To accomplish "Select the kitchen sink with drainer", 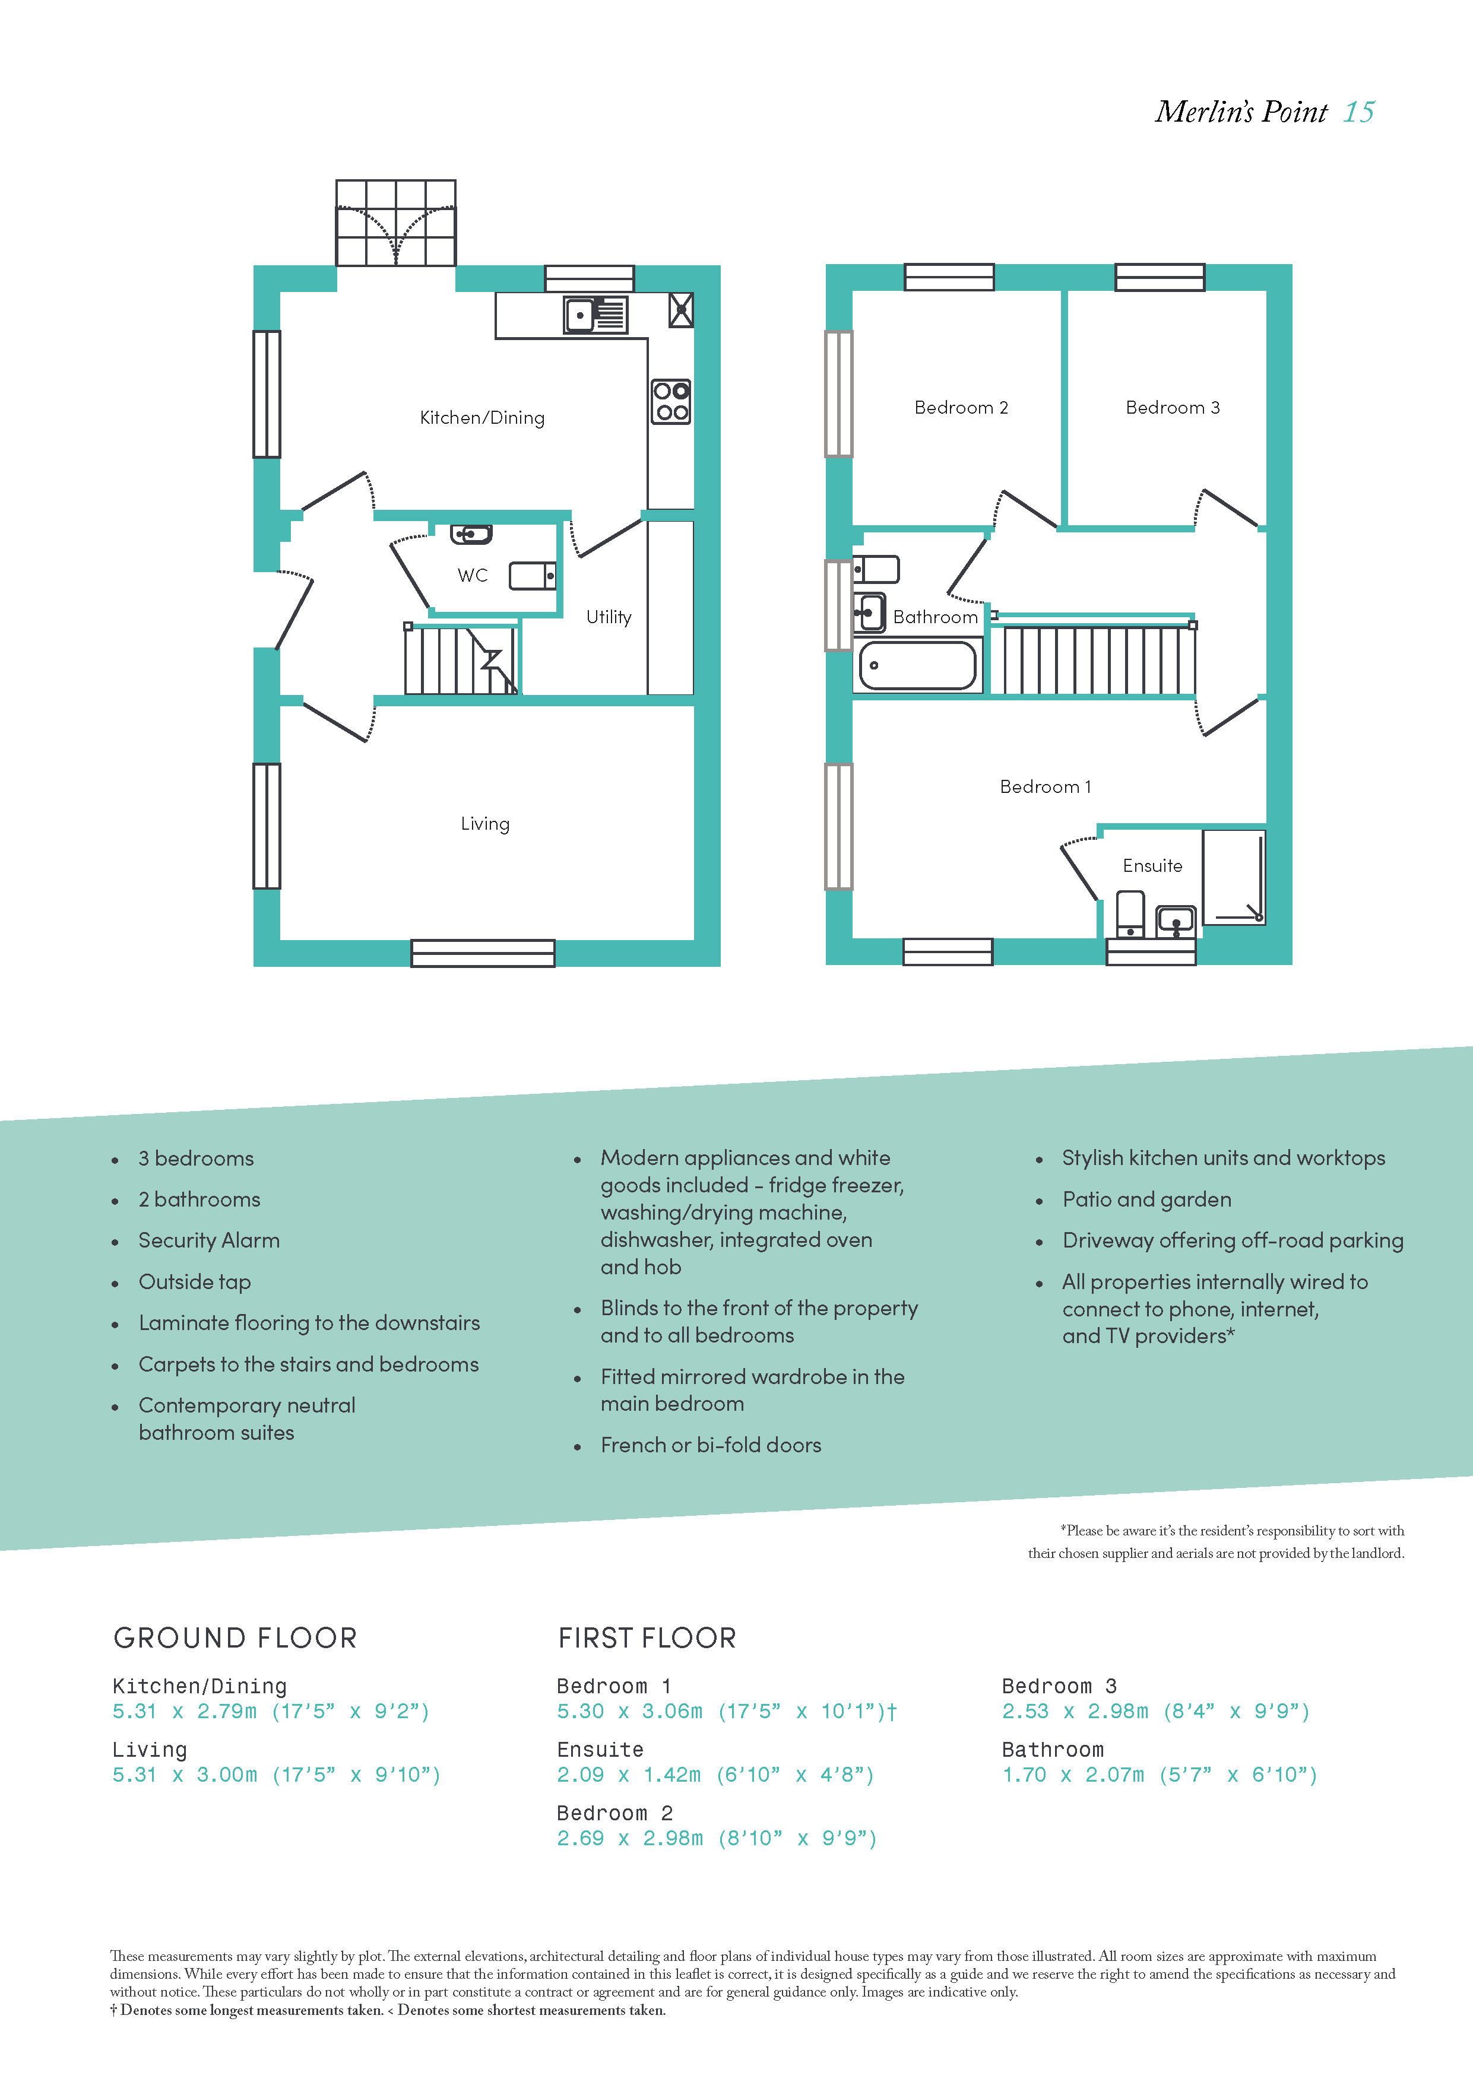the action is (x=595, y=315).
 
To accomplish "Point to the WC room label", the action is (x=473, y=575).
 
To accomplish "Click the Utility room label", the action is (x=609, y=617).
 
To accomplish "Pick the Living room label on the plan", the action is (x=485, y=823).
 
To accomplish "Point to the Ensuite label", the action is (x=1153, y=865).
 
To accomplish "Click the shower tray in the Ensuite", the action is (x=1234, y=877).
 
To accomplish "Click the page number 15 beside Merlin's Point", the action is (x=1359, y=112).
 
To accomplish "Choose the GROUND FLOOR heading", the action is (x=235, y=1637).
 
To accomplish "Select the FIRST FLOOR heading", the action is (x=647, y=1637).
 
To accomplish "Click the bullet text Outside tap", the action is (x=195, y=1282).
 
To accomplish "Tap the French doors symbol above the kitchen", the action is (x=397, y=223).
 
